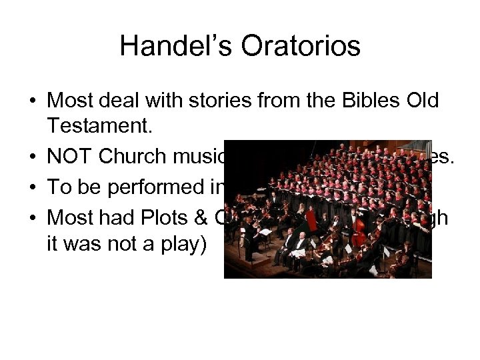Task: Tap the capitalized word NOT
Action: (70, 157)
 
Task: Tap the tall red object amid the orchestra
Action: (311, 219)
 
